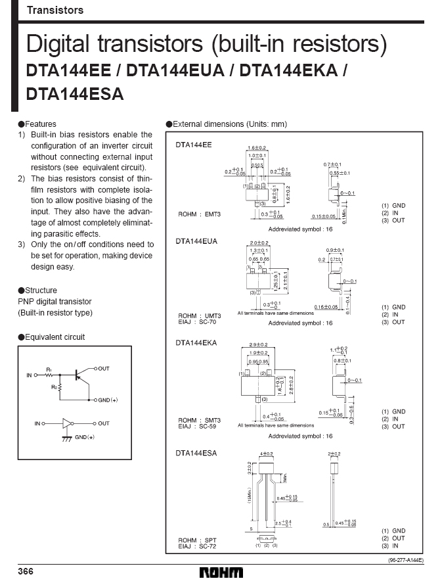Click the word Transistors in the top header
(x=55, y=11)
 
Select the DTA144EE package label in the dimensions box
(x=194, y=144)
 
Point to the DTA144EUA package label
(x=196, y=241)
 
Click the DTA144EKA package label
(x=196, y=342)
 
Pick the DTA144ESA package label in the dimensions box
(x=196, y=453)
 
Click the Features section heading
(x=40, y=124)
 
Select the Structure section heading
(x=41, y=291)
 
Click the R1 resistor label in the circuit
(x=49, y=370)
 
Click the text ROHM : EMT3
(x=200, y=214)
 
